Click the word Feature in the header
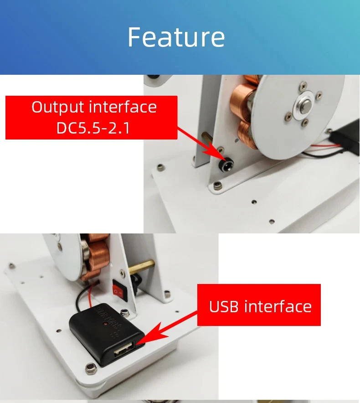click(176, 37)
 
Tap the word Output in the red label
click(58, 108)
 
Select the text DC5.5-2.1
click(93, 128)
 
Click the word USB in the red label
click(224, 306)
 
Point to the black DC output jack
click(226, 165)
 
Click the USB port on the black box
click(124, 350)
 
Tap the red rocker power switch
click(120, 290)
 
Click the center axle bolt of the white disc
click(305, 106)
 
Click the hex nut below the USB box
click(91, 368)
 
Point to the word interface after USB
click(278, 306)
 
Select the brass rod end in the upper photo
click(207, 138)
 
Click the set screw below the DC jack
click(217, 185)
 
